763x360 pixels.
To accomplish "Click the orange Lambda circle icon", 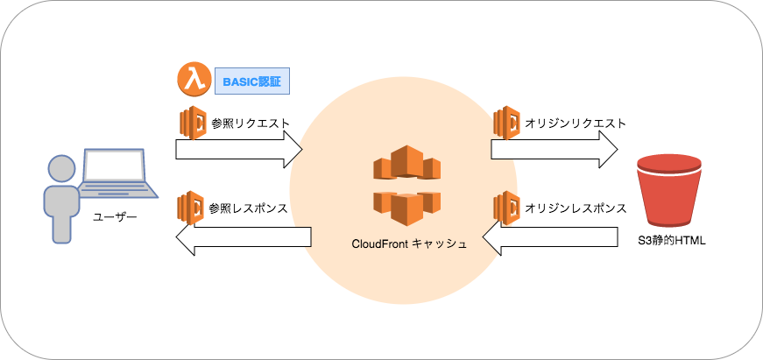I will pyautogui.click(x=192, y=80).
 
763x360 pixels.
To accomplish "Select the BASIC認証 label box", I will pyautogui.click(x=252, y=82).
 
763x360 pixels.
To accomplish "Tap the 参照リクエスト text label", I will pyautogui.click(x=250, y=123).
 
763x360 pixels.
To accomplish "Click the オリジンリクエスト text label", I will pyautogui.click(x=575, y=123).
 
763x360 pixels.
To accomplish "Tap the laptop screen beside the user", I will pyautogui.click(x=114, y=167).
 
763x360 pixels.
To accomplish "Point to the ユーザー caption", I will pyautogui.click(x=114, y=216).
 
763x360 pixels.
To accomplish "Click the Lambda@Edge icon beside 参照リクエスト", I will pyautogui.click(x=192, y=123).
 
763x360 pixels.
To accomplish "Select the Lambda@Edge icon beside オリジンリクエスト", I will pyautogui.click(x=506, y=123).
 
